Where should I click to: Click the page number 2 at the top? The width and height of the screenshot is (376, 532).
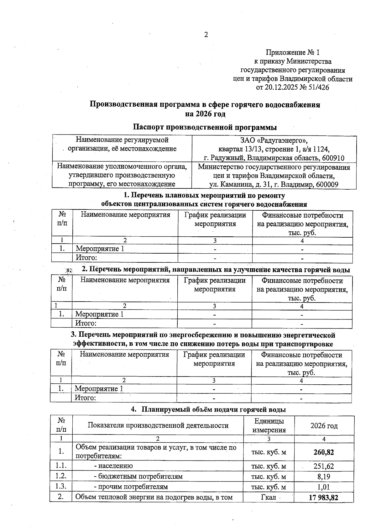click(x=206, y=35)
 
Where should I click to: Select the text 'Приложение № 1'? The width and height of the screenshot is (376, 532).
click(x=293, y=52)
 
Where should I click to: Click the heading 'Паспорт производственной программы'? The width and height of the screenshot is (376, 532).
click(x=205, y=127)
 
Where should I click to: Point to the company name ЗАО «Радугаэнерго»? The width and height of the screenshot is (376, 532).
click(x=274, y=140)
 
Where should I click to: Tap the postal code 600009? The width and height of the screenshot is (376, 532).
click(x=327, y=185)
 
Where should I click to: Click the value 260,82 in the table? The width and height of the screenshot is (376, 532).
click(x=324, y=452)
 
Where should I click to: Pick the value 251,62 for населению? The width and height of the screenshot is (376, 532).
click(x=324, y=466)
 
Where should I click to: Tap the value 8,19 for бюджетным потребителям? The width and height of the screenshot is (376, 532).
click(x=324, y=477)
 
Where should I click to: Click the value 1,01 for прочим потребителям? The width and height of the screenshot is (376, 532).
click(x=324, y=487)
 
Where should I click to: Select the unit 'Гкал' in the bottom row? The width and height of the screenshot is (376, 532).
click(x=268, y=497)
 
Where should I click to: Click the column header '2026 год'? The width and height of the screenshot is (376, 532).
click(x=324, y=426)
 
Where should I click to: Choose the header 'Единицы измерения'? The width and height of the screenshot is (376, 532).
click(x=269, y=425)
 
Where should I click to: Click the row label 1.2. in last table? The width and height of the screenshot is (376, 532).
click(x=61, y=476)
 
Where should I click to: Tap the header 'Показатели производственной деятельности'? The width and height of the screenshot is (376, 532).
click(x=158, y=425)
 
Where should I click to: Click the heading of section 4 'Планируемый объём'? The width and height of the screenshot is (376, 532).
click(x=208, y=409)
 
